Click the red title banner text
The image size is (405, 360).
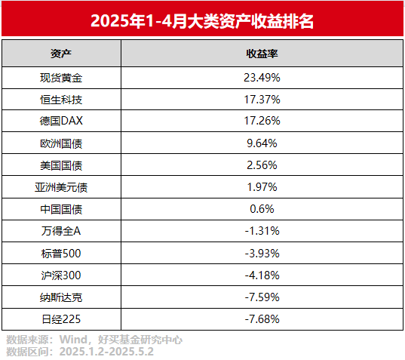(x=202, y=20)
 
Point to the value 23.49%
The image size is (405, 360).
(x=262, y=77)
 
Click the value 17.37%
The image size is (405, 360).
(x=262, y=99)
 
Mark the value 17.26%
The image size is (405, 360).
(x=262, y=121)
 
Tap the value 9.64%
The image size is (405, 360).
(x=262, y=143)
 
